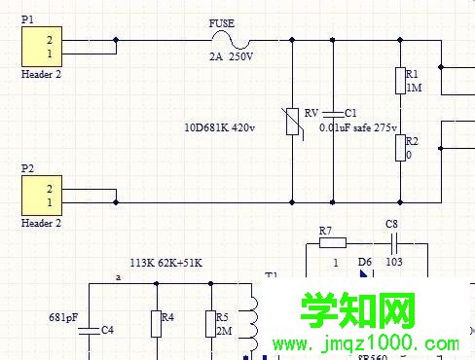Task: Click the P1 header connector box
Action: tap(44, 45)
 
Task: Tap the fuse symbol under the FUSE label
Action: tap(231, 40)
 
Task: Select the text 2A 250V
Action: tap(231, 57)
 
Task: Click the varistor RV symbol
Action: tap(293, 121)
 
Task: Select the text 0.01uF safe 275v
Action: tap(358, 127)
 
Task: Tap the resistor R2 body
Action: tap(398, 148)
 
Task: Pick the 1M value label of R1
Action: tap(414, 88)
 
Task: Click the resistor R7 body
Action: tap(332, 242)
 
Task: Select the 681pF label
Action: tap(63, 316)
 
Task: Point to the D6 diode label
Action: tap(365, 262)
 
